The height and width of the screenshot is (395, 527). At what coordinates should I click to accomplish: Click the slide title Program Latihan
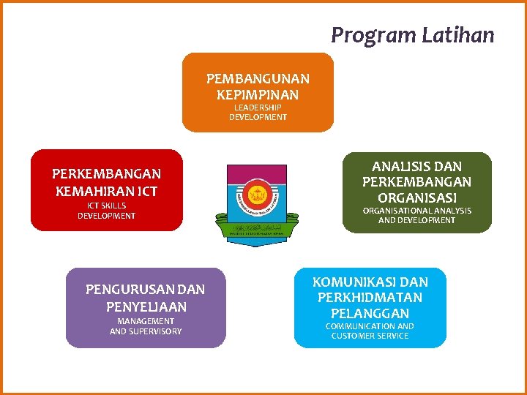(412, 35)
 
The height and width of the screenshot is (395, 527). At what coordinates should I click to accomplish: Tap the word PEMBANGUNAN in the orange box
(258, 78)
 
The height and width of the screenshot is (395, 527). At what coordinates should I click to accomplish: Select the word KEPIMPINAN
(258, 94)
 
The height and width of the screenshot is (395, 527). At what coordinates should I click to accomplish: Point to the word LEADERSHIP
(258, 108)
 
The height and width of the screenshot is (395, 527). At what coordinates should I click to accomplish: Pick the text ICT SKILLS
(106, 206)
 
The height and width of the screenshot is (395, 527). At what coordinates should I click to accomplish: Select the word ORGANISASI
(417, 197)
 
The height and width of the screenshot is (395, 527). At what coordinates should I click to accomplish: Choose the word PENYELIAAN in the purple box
(146, 306)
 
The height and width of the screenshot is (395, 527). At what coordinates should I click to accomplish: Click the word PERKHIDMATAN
(370, 298)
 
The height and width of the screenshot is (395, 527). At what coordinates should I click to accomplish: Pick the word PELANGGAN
(370, 313)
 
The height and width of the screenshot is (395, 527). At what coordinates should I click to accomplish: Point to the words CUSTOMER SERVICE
(370, 336)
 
